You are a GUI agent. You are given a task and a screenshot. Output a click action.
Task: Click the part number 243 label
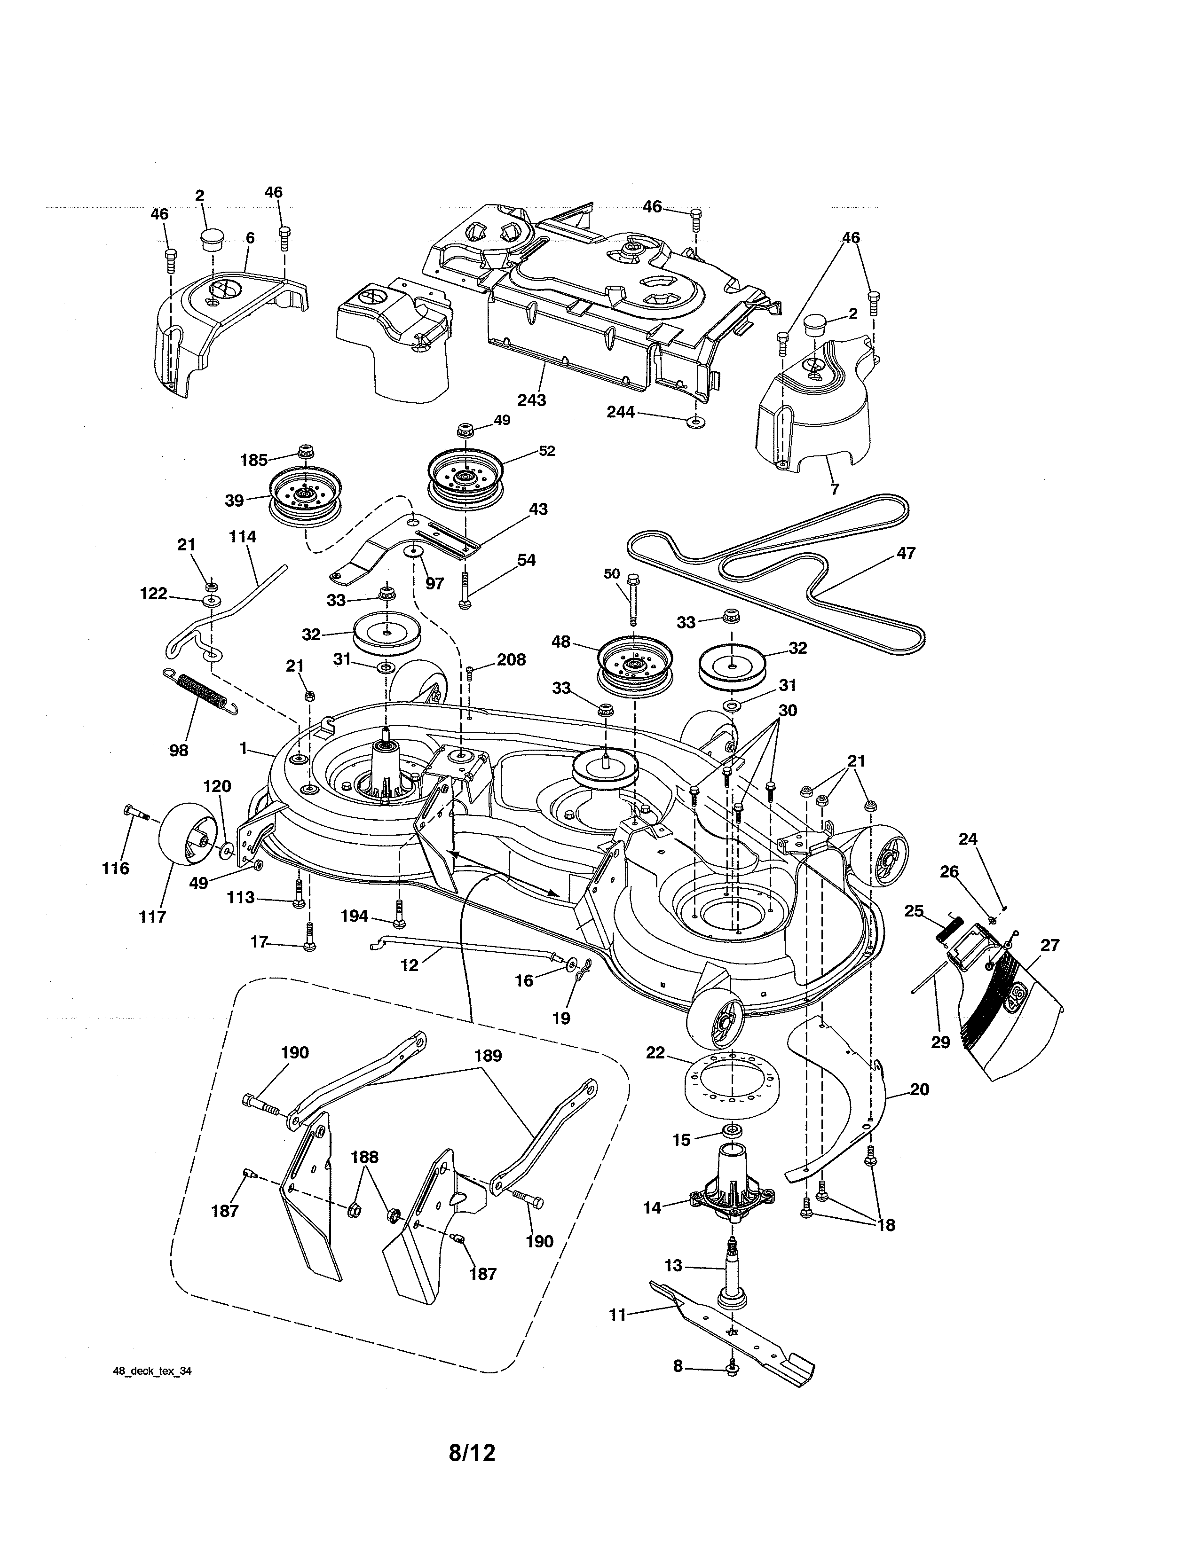pos(531,400)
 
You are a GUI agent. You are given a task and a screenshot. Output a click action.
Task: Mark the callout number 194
pos(354,916)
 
